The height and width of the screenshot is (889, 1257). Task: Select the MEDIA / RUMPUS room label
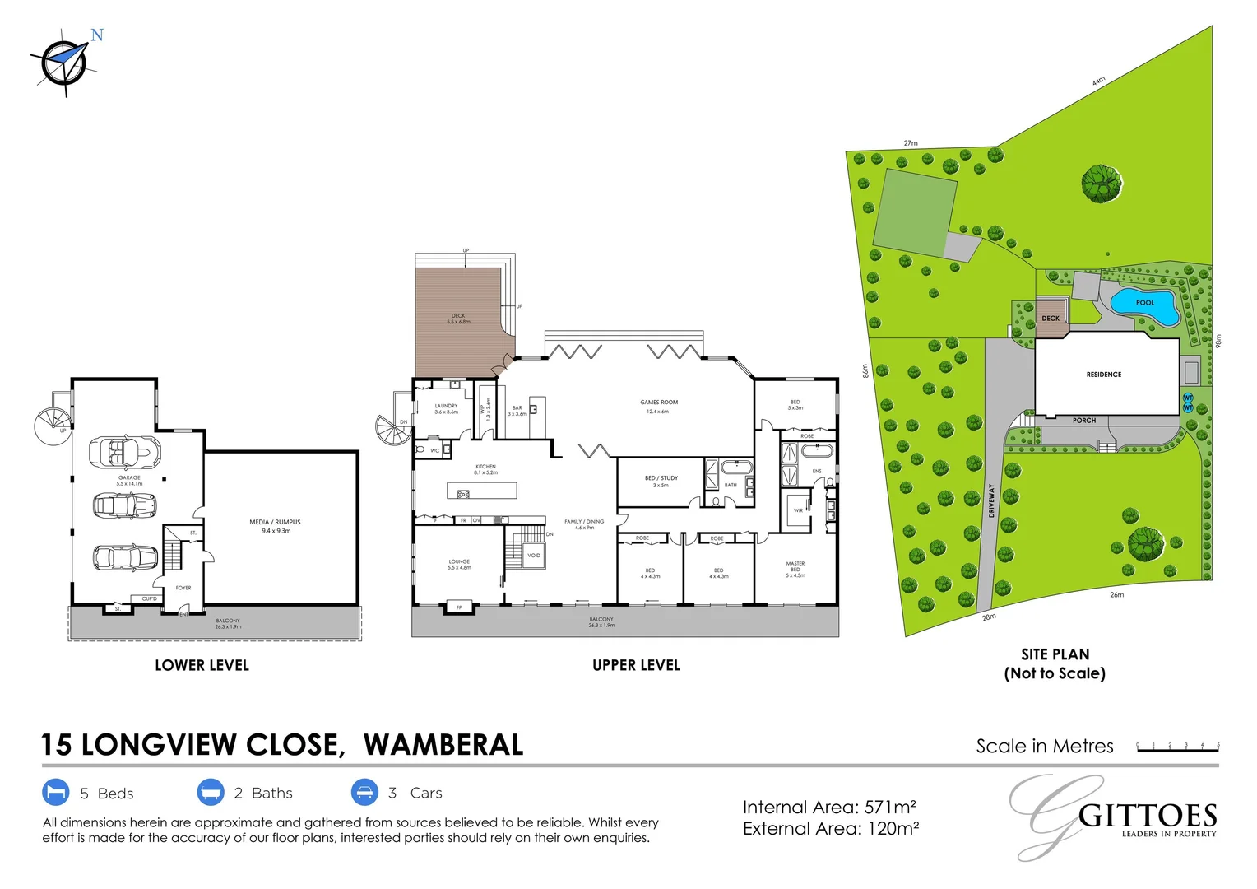pyautogui.click(x=275, y=526)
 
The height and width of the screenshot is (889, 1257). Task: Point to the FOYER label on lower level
pyautogui.click(x=183, y=588)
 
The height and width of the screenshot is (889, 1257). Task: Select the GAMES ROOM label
pyautogui.click(x=659, y=406)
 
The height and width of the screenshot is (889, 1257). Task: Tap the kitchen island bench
pyautogui.click(x=482, y=491)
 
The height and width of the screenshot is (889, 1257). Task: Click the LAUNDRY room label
pyautogui.click(x=446, y=408)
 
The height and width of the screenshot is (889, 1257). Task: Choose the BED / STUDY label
pyautogui.click(x=661, y=481)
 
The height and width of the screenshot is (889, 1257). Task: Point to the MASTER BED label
pyautogui.click(x=795, y=569)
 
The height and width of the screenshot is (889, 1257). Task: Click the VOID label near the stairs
pyautogui.click(x=534, y=556)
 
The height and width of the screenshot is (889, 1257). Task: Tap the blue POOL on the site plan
pyautogui.click(x=1144, y=302)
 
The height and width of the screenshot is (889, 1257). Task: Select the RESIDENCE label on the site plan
pyautogui.click(x=1103, y=375)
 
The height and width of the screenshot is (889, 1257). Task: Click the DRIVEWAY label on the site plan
pyautogui.click(x=992, y=500)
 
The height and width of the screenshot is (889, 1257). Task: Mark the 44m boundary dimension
pyautogui.click(x=1098, y=81)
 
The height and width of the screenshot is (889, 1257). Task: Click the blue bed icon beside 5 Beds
pyautogui.click(x=56, y=793)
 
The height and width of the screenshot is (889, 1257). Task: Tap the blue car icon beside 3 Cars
pyautogui.click(x=364, y=793)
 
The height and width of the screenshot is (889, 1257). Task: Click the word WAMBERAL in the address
pyautogui.click(x=443, y=745)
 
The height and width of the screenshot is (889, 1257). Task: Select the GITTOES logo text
pyautogui.click(x=1147, y=817)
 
